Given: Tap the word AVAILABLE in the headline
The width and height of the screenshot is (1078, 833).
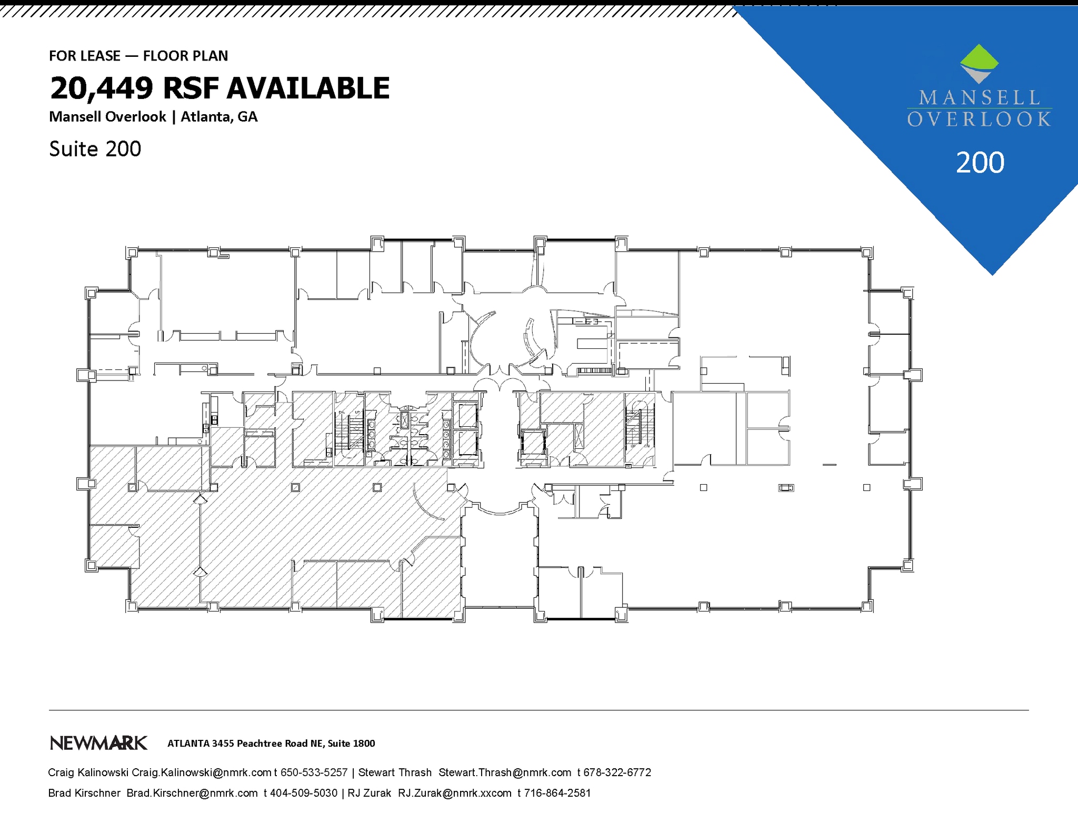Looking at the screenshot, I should point(308,88).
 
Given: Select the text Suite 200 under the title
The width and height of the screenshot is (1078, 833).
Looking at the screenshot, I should point(95,149).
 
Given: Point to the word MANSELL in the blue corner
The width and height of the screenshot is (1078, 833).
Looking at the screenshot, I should point(979,98).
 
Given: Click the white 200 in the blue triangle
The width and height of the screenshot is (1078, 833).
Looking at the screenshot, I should point(980,163).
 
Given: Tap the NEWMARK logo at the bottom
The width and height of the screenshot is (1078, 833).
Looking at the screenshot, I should point(98,743).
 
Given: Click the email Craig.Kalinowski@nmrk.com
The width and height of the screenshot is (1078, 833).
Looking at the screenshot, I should point(202,772).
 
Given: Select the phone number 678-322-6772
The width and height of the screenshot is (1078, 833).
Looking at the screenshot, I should point(617,772).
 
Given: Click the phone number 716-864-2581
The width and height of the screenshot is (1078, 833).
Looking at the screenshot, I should point(557,793).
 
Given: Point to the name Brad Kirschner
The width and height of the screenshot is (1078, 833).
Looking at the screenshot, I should point(84,793).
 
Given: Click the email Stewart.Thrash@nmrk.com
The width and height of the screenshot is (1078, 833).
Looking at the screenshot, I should point(505,772).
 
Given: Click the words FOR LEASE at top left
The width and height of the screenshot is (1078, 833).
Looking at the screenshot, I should point(85,56).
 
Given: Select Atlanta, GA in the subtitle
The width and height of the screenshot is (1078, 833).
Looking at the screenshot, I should point(219,117).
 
